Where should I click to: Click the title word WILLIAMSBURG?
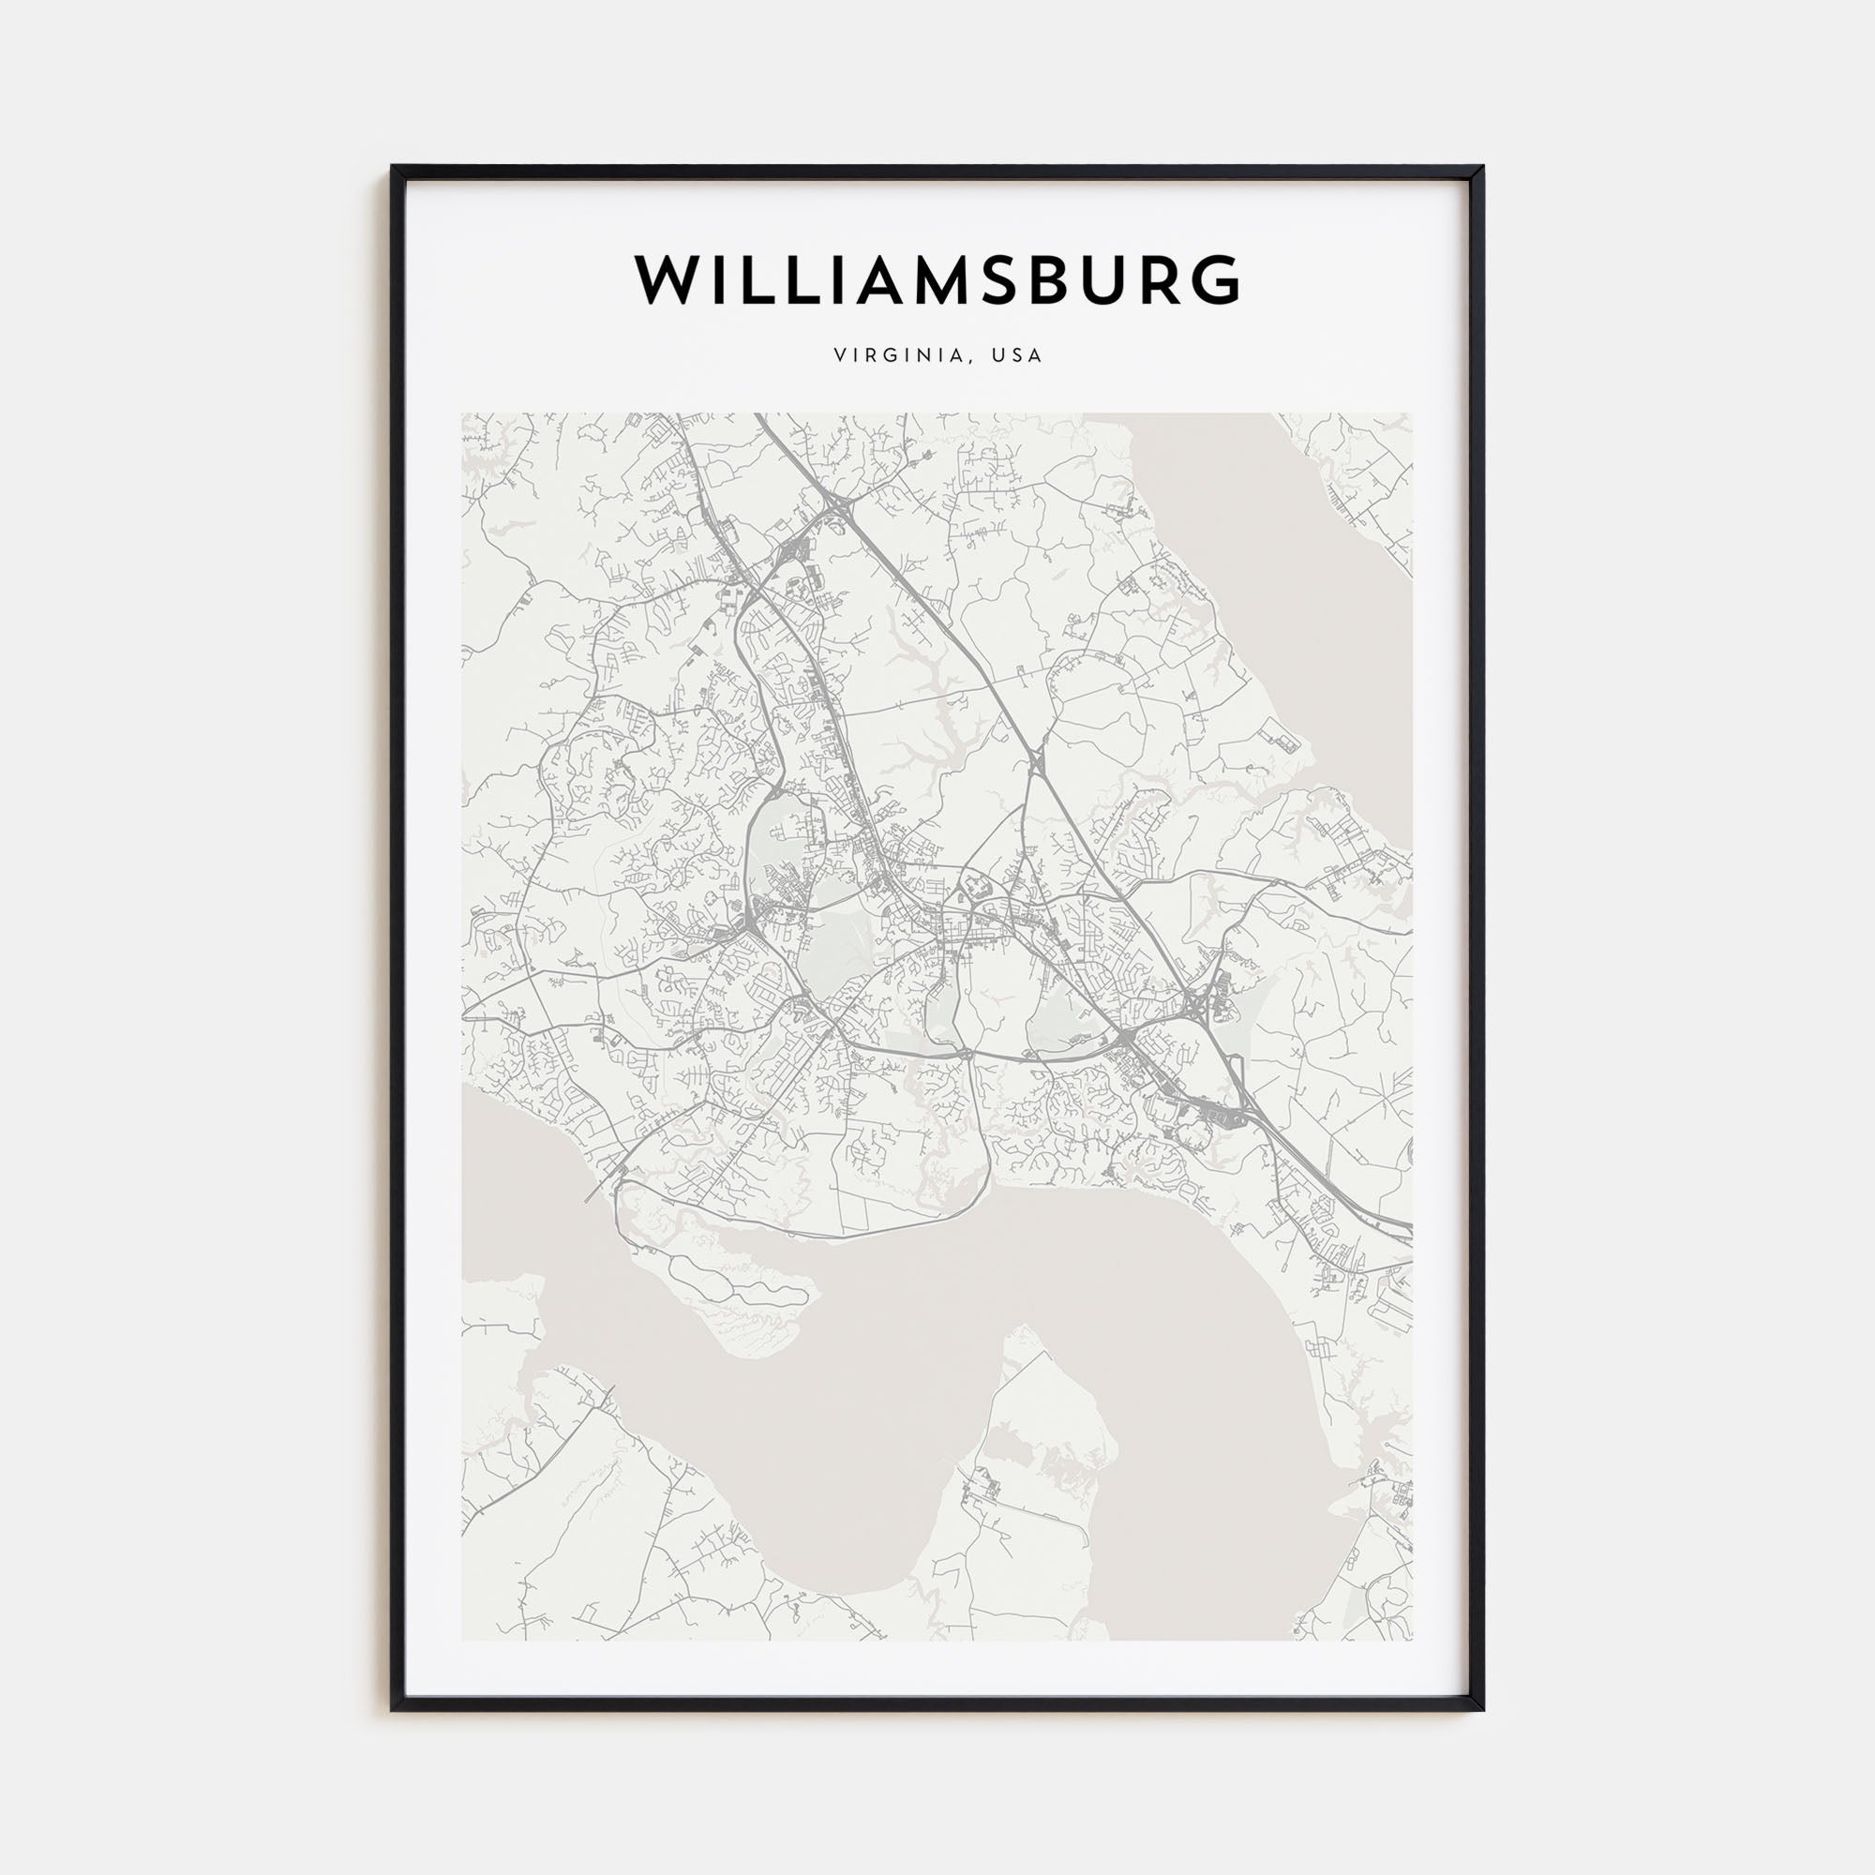[937, 280]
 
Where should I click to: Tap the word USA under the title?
[1017, 355]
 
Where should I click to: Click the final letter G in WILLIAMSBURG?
[1213, 280]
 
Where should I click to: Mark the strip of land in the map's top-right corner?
[1358, 475]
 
